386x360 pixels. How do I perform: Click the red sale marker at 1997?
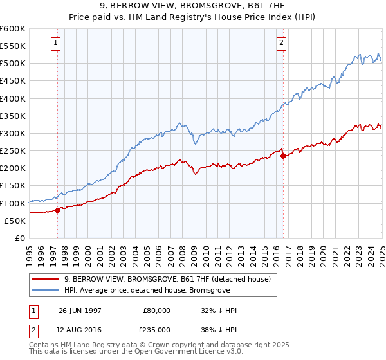pyautogui.click(x=58, y=210)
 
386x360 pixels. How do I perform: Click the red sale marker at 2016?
pyautogui.click(x=283, y=156)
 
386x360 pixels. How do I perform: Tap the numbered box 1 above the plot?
pyautogui.click(x=57, y=44)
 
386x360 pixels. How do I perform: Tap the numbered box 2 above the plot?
pyautogui.click(x=282, y=44)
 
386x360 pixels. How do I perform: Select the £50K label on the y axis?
pyautogui.click(x=14, y=221)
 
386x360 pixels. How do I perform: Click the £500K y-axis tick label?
pyautogui.click(x=12, y=64)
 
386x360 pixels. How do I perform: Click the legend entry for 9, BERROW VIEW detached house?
pyautogui.click(x=167, y=279)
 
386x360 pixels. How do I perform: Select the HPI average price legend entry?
pyautogui.click(x=155, y=290)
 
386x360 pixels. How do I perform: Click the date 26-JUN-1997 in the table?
pyautogui.click(x=80, y=310)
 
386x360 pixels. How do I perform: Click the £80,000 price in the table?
pyautogui.click(x=156, y=310)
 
